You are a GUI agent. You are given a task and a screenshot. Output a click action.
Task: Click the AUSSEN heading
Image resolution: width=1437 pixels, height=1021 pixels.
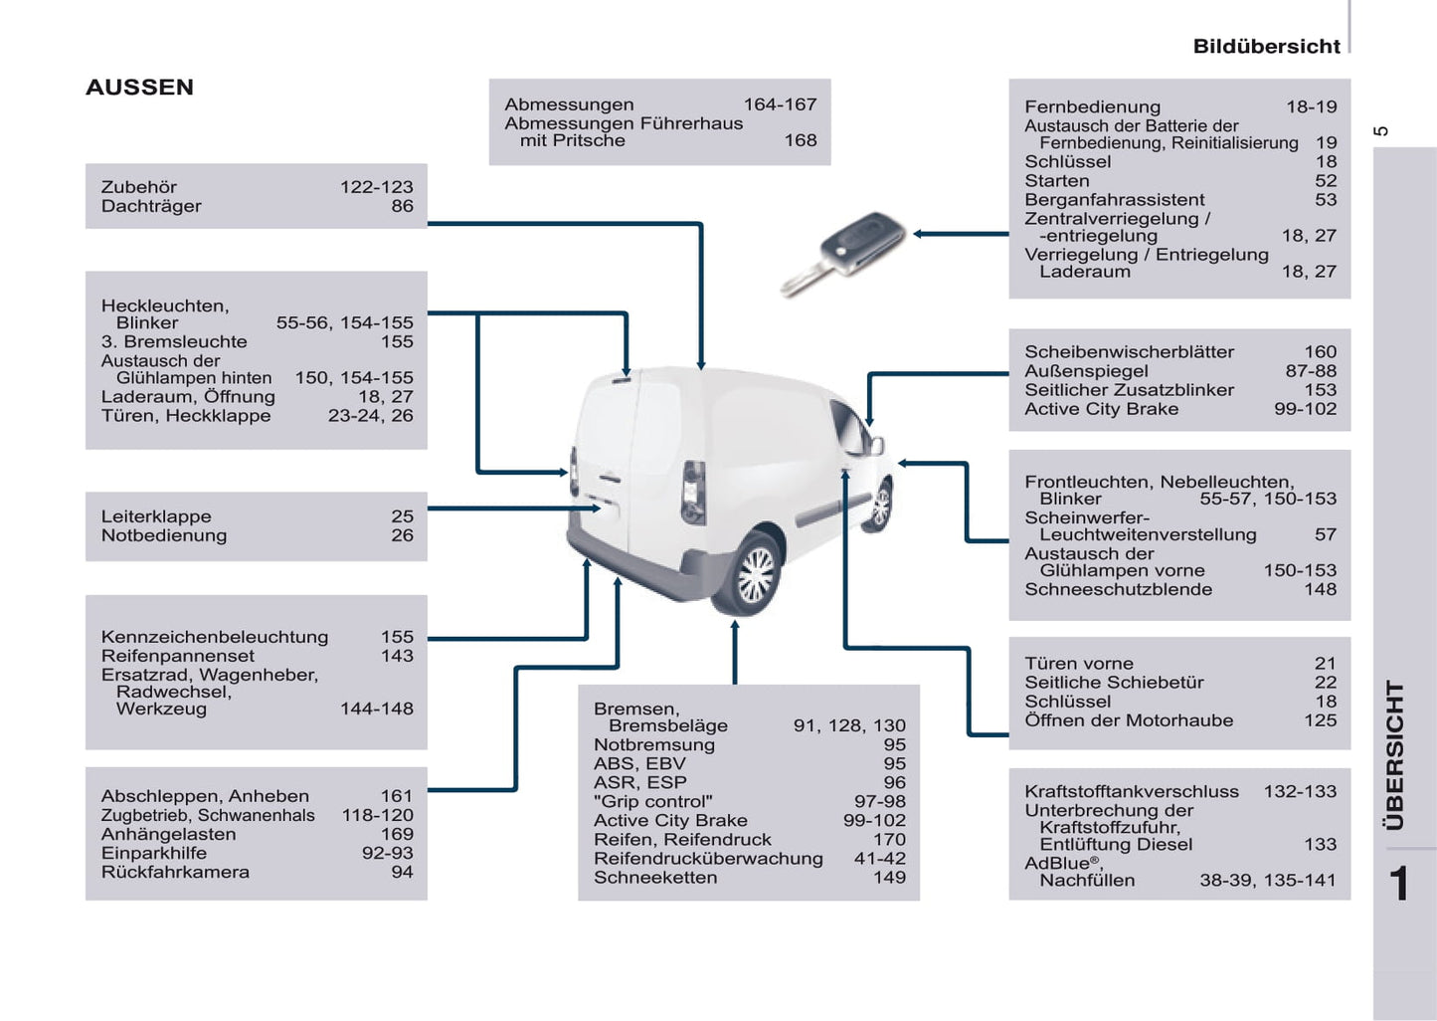click(x=139, y=88)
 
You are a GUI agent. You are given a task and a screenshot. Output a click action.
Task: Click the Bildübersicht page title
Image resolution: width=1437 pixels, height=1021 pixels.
click(x=1266, y=47)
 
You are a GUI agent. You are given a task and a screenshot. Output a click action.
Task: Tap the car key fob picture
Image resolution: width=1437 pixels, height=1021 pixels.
click(x=844, y=253)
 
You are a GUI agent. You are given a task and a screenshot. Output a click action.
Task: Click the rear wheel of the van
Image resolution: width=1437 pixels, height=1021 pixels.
click(x=755, y=575)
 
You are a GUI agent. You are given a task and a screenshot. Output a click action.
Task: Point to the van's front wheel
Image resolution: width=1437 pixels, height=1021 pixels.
click(x=879, y=506)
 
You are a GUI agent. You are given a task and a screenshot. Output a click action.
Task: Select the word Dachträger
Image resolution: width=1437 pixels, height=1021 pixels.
click(x=151, y=206)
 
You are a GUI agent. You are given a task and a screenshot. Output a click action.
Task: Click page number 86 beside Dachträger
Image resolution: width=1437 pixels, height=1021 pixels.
click(x=402, y=206)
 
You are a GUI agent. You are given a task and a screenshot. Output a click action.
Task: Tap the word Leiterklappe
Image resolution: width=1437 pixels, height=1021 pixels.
click(x=156, y=516)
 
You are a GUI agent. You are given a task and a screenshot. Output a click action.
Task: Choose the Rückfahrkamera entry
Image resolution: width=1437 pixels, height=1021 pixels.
click(x=175, y=872)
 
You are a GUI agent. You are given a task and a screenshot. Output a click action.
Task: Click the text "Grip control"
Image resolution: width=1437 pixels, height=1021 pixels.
click(x=653, y=801)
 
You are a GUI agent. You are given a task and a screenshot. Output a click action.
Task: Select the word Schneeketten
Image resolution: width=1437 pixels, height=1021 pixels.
click(x=655, y=877)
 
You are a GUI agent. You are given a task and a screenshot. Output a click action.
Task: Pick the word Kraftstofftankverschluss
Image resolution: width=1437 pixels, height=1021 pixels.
click(x=1132, y=791)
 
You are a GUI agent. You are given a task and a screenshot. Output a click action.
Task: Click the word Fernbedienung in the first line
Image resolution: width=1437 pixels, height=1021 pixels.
click(x=1092, y=106)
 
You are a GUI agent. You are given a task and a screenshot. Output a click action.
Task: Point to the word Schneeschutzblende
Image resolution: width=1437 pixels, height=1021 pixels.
click(x=1118, y=589)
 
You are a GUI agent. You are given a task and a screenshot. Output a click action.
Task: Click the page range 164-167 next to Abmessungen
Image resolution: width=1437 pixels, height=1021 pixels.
click(x=780, y=104)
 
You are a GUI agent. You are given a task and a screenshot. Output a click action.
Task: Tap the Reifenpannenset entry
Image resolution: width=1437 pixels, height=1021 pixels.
click(x=178, y=656)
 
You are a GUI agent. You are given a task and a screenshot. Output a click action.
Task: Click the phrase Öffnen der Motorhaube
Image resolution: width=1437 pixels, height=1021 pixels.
click(x=1129, y=720)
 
